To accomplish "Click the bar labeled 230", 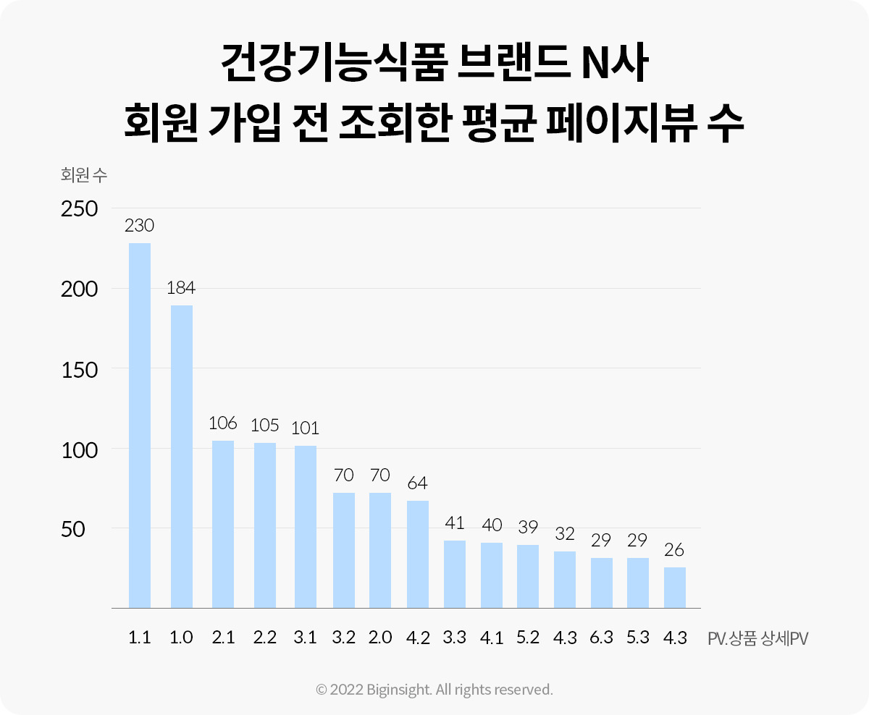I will (x=140, y=425).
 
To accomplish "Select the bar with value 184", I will (x=181, y=456).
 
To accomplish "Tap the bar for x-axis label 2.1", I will (x=223, y=524).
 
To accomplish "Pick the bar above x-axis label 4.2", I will (x=418, y=554).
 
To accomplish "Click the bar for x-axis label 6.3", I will (x=602, y=583).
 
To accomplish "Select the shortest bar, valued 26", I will (x=675, y=587).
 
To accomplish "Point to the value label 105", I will (x=265, y=425).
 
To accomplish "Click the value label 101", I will (x=305, y=427).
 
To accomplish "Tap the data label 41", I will (x=454, y=522).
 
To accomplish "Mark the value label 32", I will (x=565, y=534).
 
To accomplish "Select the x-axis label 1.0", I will (x=181, y=638).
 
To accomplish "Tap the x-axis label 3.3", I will (x=454, y=638).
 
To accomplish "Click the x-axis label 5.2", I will (x=528, y=638).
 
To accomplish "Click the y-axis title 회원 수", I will (x=84, y=174).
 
